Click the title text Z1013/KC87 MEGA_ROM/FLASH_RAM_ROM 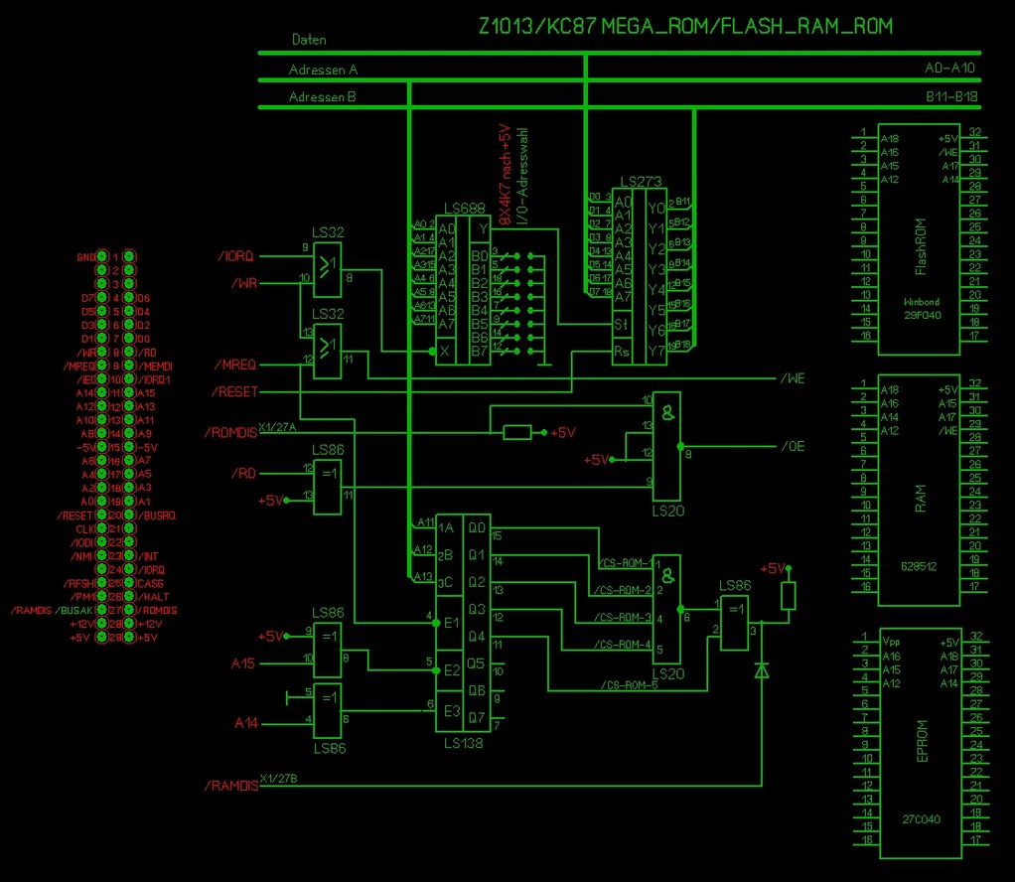click(685, 27)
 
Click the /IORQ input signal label click(236, 256)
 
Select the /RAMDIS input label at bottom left click(231, 786)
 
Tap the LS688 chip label click(452, 207)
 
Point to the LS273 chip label click(638, 183)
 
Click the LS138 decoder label click(465, 742)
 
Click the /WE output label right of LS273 click(793, 378)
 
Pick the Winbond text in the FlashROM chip click(921, 301)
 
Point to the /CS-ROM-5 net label click(630, 684)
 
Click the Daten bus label click(309, 40)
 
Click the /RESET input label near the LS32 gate click(234, 392)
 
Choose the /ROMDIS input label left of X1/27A click(230, 433)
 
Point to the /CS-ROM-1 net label click(626, 563)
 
